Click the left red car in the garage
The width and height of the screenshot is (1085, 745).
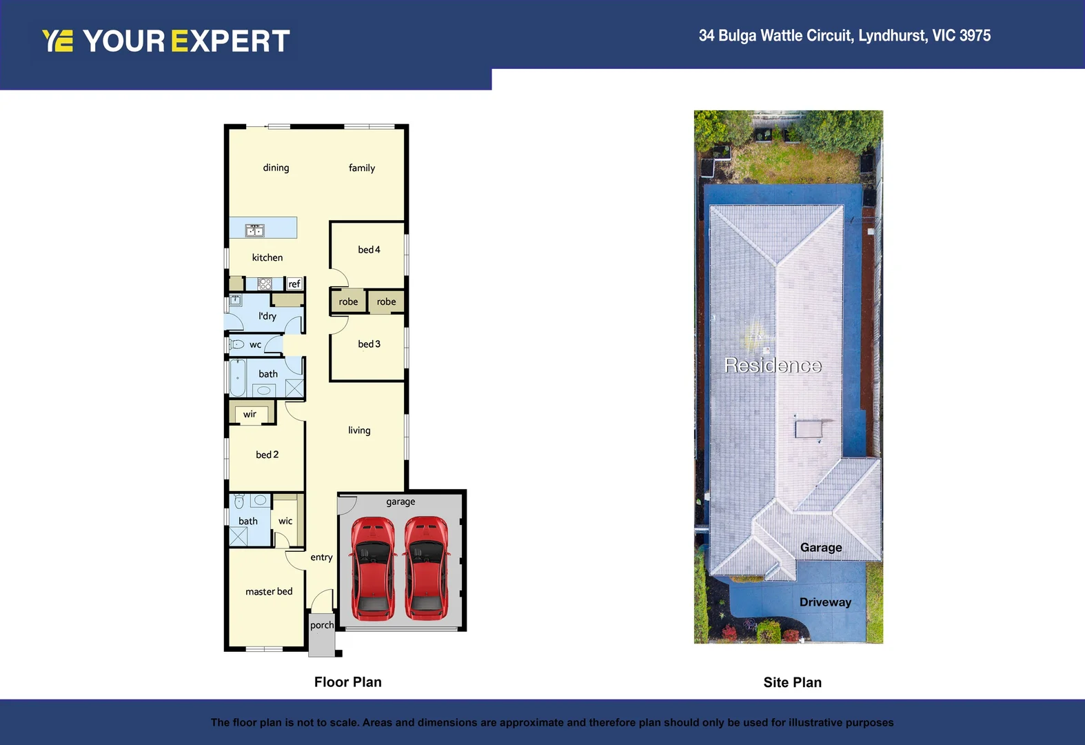[x=373, y=568]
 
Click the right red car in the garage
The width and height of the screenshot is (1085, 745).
[x=426, y=568]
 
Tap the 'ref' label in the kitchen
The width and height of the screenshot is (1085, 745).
[x=294, y=284]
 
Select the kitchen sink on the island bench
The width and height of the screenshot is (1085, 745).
[x=255, y=230]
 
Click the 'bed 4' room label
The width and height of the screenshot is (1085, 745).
[x=369, y=250]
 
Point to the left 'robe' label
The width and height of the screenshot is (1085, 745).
[x=348, y=301]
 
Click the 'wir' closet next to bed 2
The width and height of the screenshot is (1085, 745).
[x=250, y=414]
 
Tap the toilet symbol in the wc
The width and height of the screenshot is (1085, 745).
[x=237, y=344]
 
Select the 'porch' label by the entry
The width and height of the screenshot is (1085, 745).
[x=322, y=625]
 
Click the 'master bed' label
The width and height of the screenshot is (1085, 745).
[x=269, y=591]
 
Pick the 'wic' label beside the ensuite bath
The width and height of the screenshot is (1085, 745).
[x=285, y=521]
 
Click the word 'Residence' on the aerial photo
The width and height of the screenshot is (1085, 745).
[x=773, y=365]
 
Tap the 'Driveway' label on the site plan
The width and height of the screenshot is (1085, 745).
[x=825, y=602]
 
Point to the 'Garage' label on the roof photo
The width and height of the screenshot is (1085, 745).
[x=821, y=547]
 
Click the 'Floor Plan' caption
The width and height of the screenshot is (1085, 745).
[x=347, y=682]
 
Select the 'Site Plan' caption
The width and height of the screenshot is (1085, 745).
[x=792, y=682]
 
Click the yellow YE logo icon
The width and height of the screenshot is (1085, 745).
[x=57, y=41]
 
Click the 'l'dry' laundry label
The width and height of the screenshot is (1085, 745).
[x=267, y=316]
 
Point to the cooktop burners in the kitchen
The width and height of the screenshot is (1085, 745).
[x=265, y=284]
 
